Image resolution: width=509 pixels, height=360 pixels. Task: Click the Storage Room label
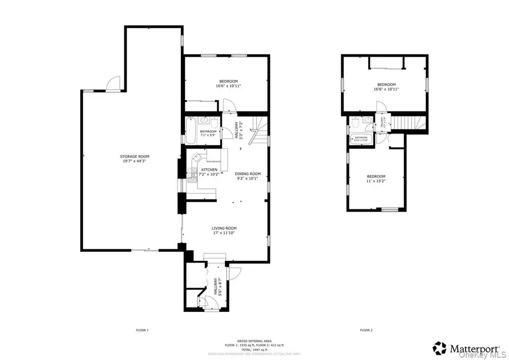click(x=134, y=156)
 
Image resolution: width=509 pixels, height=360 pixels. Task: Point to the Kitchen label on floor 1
click(x=210, y=170)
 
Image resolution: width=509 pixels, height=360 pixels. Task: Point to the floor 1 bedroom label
click(x=226, y=81)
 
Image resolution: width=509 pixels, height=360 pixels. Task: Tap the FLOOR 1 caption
click(x=142, y=330)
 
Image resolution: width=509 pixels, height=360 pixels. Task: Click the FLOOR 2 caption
click(x=366, y=330)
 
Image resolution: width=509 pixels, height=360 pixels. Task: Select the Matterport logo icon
click(x=439, y=348)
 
